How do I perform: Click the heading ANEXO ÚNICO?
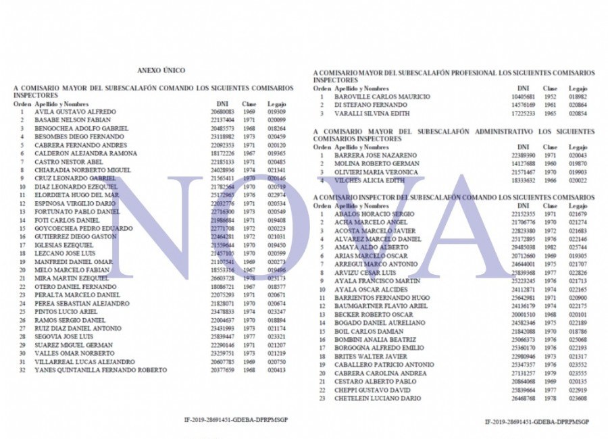click(161, 70)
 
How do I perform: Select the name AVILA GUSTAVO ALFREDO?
click(75, 111)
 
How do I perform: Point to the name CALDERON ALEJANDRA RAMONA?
click(86, 153)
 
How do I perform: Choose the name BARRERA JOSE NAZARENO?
click(375, 155)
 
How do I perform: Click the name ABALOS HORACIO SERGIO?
click(374, 214)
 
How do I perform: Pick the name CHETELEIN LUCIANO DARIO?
click(378, 398)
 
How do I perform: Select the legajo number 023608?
click(578, 398)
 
